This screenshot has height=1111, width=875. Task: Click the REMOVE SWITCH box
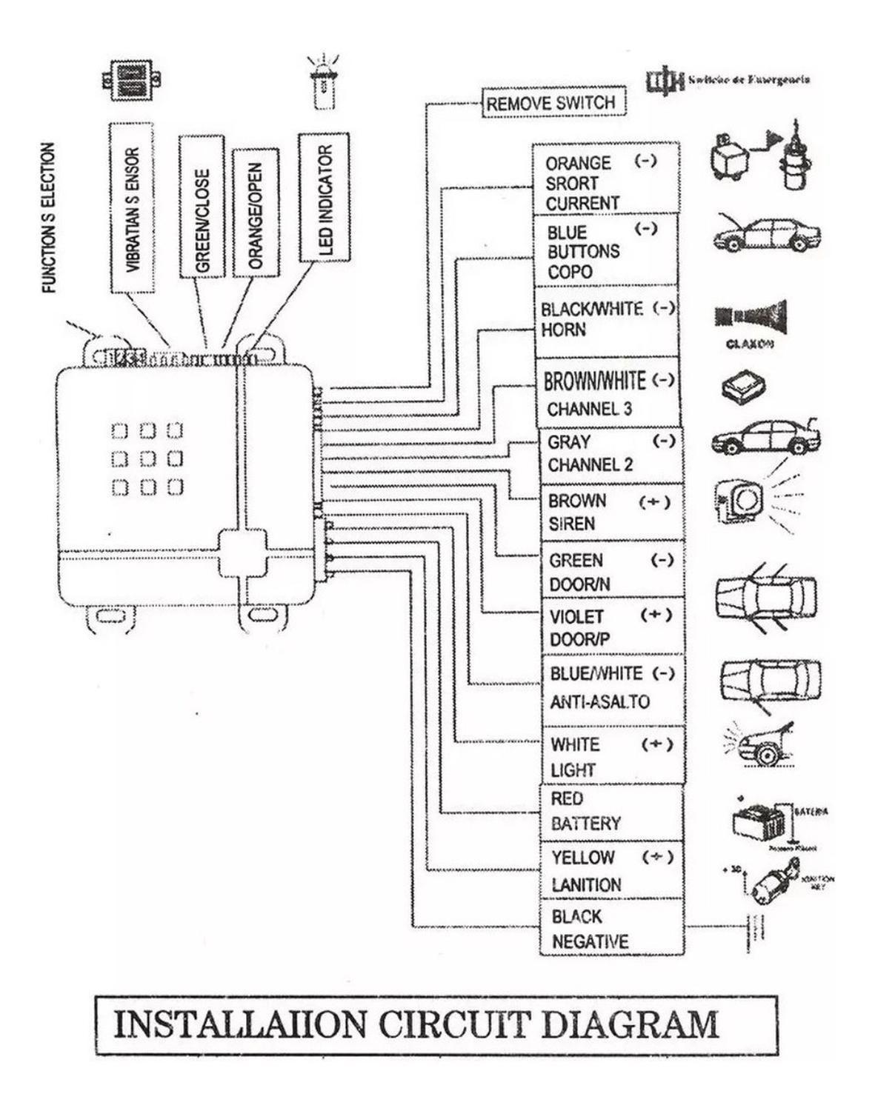(553, 103)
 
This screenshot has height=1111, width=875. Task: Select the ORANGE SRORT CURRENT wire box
(605, 181)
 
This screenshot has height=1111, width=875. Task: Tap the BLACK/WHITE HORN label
(605, 320)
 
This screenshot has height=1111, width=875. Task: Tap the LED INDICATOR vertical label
(324, 198)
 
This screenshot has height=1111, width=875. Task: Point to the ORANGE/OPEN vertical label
(256, 213)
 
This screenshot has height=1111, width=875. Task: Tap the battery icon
(759, 820)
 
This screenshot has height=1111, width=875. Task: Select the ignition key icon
(774, 881)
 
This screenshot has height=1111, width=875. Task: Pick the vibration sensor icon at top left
(132, 81)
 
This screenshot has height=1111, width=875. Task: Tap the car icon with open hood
(766, 233)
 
